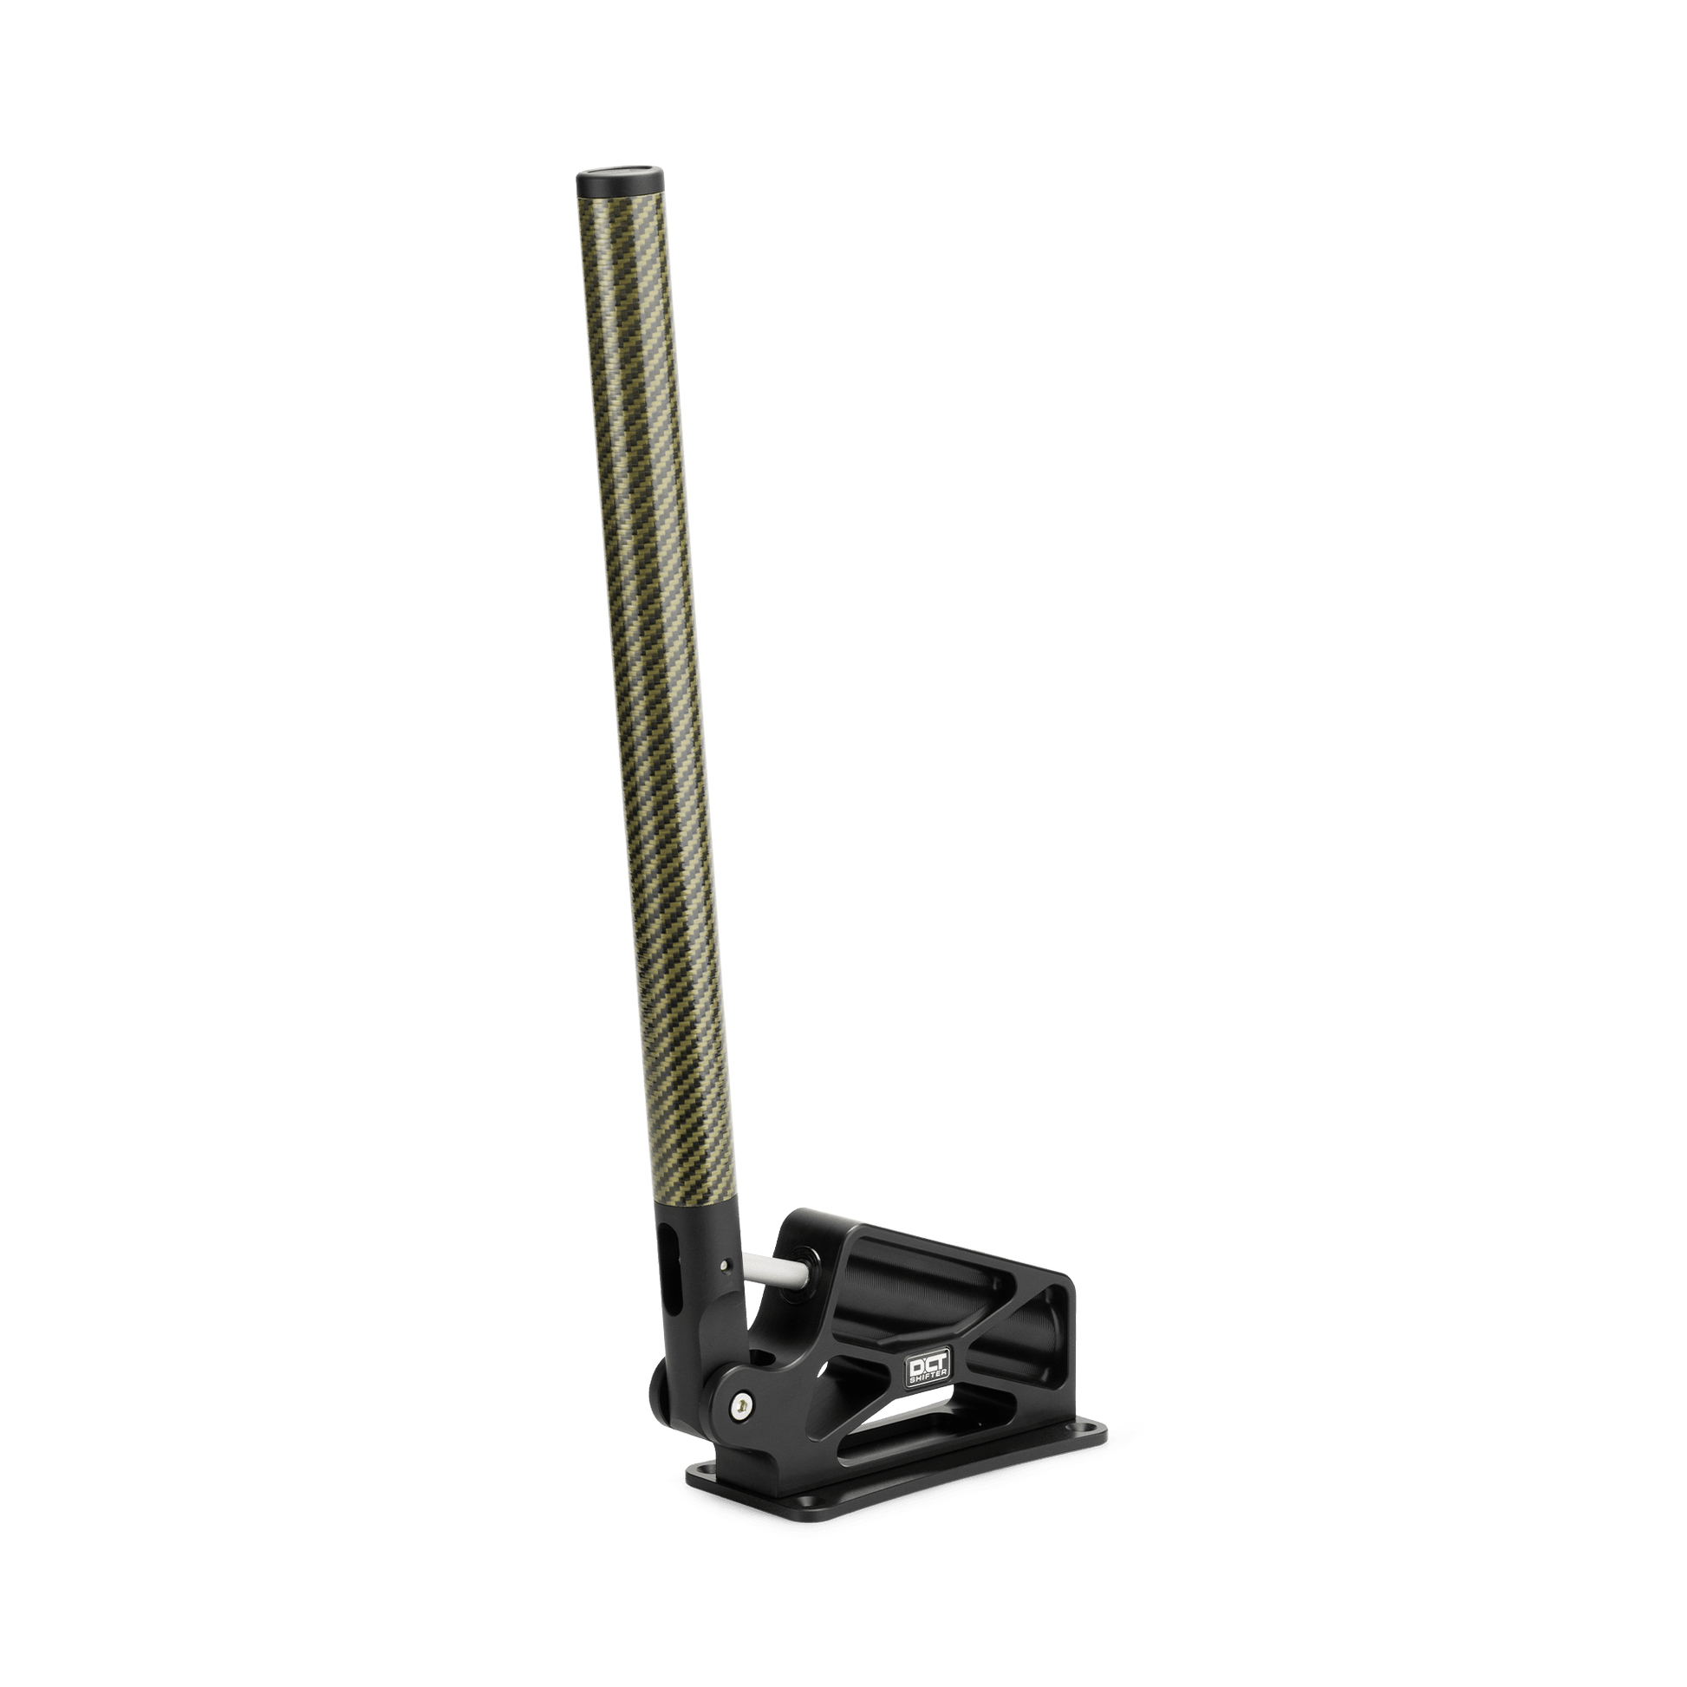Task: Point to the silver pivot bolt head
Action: [742, 1427]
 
